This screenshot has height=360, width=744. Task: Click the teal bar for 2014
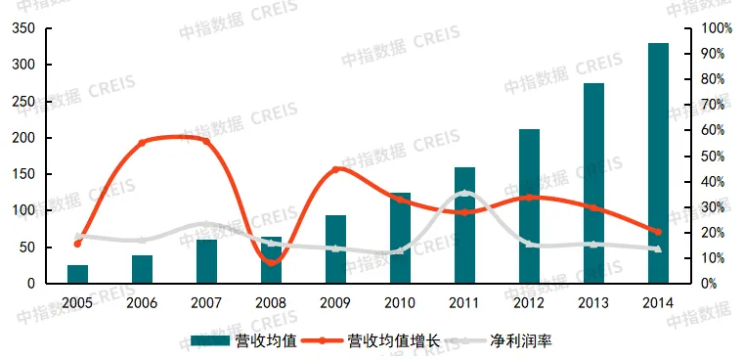(658, 163)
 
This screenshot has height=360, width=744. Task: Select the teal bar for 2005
(77, 274)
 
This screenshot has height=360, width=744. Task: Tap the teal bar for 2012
(529, 206)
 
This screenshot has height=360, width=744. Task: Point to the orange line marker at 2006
(142, 142)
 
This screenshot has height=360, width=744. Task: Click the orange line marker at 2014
(658, 232)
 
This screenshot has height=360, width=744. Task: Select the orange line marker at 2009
(335, 169)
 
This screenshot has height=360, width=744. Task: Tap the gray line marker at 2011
(465, 194)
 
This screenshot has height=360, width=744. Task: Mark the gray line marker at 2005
(77, 236)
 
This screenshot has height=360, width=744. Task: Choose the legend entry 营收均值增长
(379, 340)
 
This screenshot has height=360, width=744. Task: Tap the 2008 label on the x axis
(271, 302)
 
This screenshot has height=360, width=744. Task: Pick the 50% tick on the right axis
(711, 156)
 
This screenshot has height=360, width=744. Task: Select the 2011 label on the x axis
(464, 302)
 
